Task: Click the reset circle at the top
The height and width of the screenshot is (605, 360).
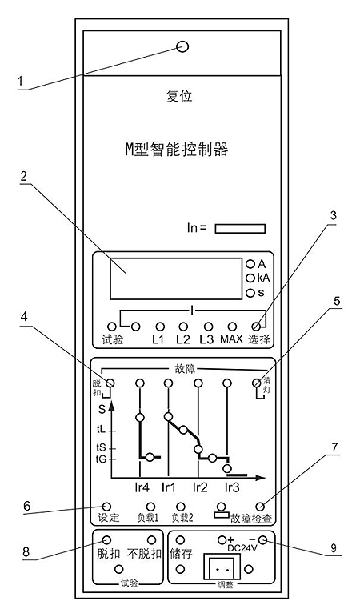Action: pos(182,47)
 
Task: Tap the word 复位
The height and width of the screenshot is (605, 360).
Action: pos(179,96)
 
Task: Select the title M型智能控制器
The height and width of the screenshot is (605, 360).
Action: pos(177,150)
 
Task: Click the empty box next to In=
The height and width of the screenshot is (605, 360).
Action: pos(240,228)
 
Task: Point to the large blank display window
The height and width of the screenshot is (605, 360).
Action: pos(176,278)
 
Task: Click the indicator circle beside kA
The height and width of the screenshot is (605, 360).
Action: pos(251,278)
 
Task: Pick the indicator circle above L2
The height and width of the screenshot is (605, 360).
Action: pos(183,327)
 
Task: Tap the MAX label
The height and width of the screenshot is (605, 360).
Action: pos(231,339)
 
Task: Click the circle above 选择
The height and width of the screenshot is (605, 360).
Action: pos(255,327)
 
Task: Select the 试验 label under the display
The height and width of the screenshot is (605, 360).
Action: pos(113,339)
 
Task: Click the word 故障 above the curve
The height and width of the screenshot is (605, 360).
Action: pos(186,369)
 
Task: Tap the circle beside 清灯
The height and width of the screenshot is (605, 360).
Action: pos(256,383)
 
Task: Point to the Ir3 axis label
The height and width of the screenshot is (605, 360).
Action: pos(231,487)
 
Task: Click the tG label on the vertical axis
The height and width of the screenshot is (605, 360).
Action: pos(101,459)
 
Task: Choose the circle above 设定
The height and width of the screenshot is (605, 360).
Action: pos(107,507)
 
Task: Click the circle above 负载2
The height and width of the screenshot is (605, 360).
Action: pos(180,507)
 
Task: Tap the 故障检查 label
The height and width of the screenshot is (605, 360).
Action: pos(251,519)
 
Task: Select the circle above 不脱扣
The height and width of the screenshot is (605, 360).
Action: pos(152,540)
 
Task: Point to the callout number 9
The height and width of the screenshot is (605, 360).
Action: pos(334,548)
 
